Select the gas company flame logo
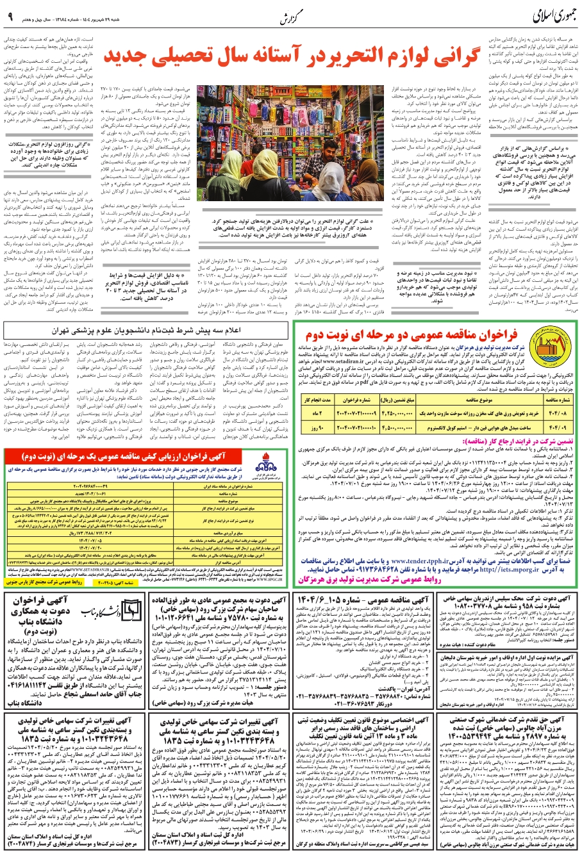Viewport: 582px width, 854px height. [x=269, y=464]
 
